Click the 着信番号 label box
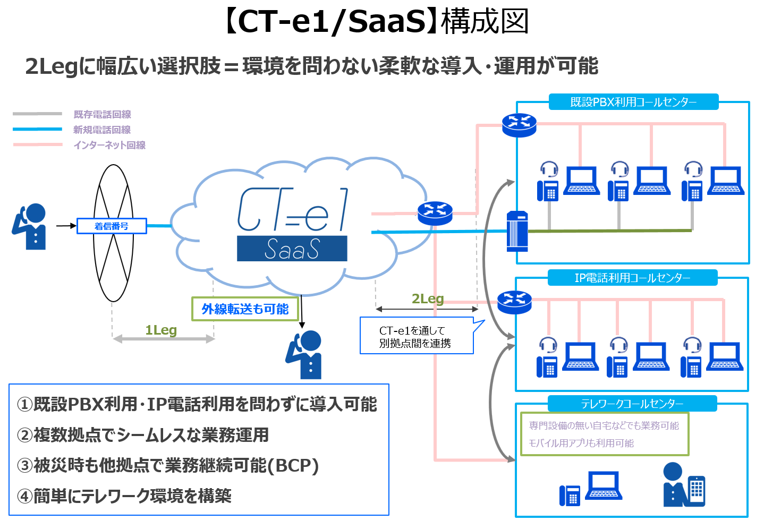tap(112, 226)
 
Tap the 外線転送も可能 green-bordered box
tap(245, 309)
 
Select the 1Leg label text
tap(161, 330)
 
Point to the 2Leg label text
tap(428, 299)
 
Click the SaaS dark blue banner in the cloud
tap(292, 249)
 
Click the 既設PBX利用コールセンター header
tap(633, 102)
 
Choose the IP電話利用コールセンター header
tap(632, 278)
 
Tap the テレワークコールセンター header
tap(632, 404)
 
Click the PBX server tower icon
tap(517, 231)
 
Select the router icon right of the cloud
tap(435, 213)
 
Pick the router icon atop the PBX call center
tap(519, 125)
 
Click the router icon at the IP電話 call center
tap(514, 302)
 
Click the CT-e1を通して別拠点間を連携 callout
tap(416, 337)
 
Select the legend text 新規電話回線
tap(102, 130)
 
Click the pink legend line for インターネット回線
tap(38, 144)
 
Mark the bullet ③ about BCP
tap(168, 465)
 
